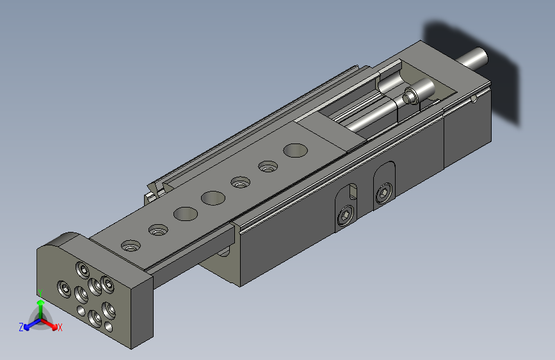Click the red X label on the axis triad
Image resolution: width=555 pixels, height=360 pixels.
pyautogui.click(x=60, y=328)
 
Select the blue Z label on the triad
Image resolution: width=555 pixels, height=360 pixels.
pyautogui.click(x=21, y=327)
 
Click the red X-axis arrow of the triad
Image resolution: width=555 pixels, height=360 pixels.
pyautogui.click(x=51, y=323)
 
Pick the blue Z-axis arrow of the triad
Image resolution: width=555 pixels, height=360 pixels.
pyautogui.click(x=29, y=325)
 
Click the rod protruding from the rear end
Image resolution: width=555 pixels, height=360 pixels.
pyautogui.click(x=474, y=58)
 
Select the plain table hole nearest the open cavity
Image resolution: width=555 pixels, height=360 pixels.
pyautogui.click(x=295, y=151)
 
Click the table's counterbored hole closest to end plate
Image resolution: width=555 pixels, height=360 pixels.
pyautogui.click(x=132, y=245)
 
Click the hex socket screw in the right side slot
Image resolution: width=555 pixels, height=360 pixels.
pyautogui.click(x=383, y=193)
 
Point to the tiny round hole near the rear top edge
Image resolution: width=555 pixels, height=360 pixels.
pyautogui.click(x=472, y=99)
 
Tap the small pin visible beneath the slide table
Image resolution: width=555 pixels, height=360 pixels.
pyautogui.click(x=225, y=252)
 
